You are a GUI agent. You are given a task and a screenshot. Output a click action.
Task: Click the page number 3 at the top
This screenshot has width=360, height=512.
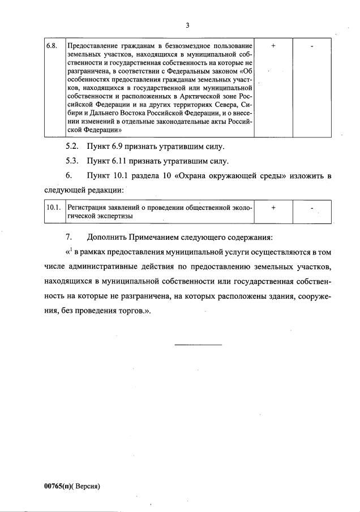(x=187, y=25)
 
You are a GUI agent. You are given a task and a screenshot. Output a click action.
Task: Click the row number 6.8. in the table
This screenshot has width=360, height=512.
(x=53, y=45)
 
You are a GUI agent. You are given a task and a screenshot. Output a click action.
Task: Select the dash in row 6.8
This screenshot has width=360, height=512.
(x=312, y=45)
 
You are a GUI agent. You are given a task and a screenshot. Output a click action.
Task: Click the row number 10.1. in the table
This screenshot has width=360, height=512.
(x=54, y=208)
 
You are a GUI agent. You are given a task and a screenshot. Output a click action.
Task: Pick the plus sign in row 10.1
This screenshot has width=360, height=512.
(x=273, y=208)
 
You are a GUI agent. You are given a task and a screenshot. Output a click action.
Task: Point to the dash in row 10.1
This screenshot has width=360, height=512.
(x=312, y=209)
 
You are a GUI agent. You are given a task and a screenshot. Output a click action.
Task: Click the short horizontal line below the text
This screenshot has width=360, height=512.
(x=198, y=344)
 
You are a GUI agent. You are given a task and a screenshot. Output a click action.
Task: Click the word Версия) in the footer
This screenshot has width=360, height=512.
(x=87, y=485)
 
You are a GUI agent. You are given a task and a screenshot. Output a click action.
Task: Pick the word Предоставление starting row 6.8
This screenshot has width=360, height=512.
(x=92, y=45)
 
